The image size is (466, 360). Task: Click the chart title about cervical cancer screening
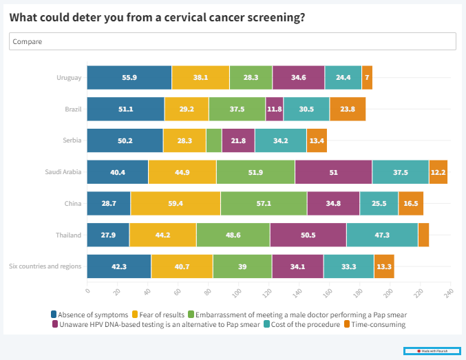pos(158,17)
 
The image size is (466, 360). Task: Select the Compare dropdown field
pos(232,42)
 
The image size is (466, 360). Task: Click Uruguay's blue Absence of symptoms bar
pos(129,78)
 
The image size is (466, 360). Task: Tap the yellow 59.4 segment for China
pos(175,204)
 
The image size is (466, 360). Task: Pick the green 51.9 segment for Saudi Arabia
pos(255,172)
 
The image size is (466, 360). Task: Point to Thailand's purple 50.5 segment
pos(308,235)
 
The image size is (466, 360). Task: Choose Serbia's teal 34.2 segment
pos(280,140)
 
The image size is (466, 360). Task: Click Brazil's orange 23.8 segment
pos(348,109)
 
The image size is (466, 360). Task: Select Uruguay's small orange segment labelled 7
pos(368,78)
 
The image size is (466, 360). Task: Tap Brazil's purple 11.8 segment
pos(274,109)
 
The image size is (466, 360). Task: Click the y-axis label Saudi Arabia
pos(62,172)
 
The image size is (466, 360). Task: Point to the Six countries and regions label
pos(45,266)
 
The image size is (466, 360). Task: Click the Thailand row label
pos(69,235)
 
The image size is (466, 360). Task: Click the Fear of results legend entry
pos(162,315)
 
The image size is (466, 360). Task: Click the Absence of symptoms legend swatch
pos(54,315)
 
